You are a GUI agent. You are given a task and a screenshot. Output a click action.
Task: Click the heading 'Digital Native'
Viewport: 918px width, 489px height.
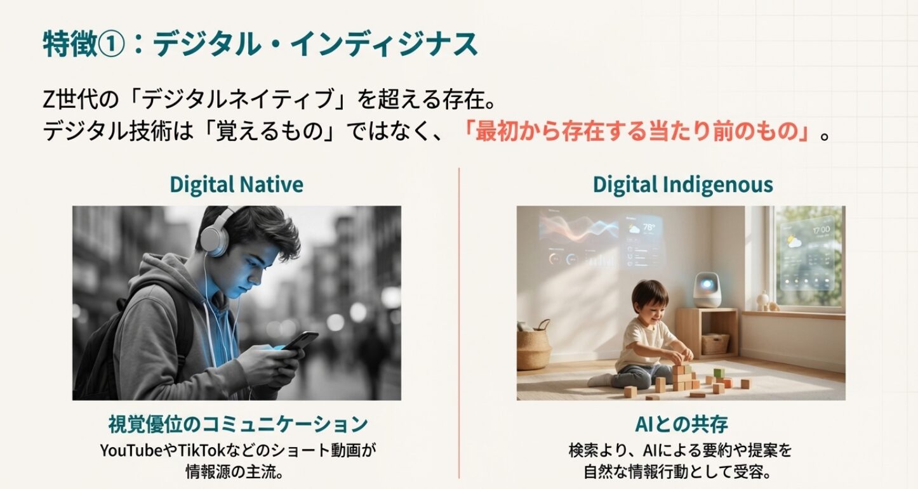[x=236, y=185]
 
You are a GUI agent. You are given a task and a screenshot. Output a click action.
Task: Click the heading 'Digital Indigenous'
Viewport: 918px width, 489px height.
[x=682, y=185]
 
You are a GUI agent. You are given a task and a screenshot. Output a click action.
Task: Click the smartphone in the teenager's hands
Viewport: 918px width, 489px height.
[x=300, y=341]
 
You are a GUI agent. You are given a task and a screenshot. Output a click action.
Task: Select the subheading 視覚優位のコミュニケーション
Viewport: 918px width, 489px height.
[x=237, y=424]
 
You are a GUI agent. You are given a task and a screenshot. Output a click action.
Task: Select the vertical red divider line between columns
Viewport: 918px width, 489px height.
[x=459, y=323]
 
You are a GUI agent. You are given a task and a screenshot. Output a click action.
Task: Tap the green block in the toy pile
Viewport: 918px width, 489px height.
[x=717, y=373]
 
